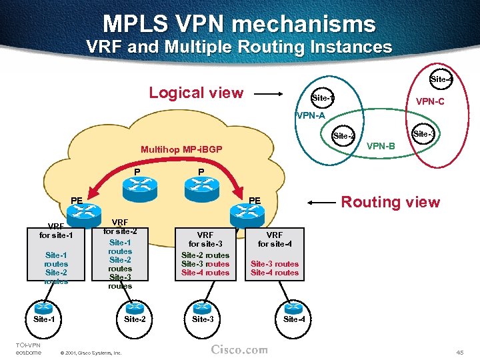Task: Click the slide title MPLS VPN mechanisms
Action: (239, 25)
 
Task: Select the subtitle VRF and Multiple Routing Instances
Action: (239, 47)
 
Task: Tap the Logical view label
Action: (196, 93)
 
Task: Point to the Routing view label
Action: (391, 202)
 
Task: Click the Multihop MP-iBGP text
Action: (181, 149)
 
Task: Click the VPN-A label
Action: (311, 115)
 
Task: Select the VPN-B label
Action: (381, 145)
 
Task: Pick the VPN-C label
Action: (430, 102)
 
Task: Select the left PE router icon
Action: (85, 212)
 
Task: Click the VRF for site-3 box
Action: (205, 254)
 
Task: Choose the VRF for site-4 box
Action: (274, 254)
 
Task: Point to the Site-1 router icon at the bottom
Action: (44, 307)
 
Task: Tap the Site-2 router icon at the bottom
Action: (135, 307)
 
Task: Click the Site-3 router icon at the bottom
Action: (203, 307)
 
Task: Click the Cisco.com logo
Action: (239, 349)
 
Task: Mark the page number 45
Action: (459, 351)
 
